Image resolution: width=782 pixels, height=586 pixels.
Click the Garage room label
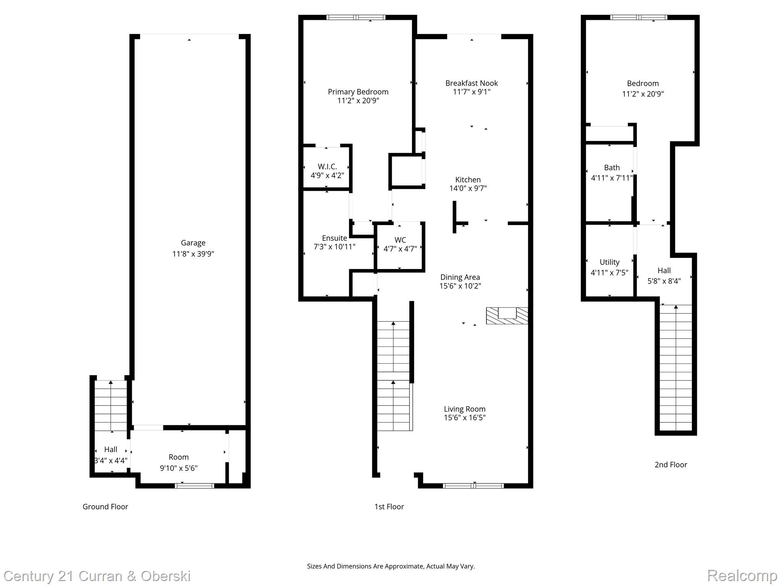pos(193,243)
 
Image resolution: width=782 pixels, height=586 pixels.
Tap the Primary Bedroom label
pos(358,92)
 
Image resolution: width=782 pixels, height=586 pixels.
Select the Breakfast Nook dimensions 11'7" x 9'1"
pos(472,92)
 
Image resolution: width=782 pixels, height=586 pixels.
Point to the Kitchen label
pos(468,180)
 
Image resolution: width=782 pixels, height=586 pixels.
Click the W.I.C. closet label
pos(327,167)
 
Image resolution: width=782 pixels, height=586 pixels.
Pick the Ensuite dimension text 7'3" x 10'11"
pos(334,247)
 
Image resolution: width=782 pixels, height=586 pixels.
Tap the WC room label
pos(400,240)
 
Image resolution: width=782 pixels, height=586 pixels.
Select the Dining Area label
pos(460,277)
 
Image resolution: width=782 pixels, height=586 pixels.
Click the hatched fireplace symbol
pos(507,316)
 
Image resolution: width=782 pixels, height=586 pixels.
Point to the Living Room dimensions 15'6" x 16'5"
pos(464,418)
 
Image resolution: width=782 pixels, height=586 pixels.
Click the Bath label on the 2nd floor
pos(612,167)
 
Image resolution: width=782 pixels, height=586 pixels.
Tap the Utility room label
pos(609,262)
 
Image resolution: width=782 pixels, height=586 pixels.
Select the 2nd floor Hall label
pos(664,270)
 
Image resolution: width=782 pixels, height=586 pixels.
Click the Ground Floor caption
pos(105,507)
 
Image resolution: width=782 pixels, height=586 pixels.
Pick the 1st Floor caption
pos(389,507)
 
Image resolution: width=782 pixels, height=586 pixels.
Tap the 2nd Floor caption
pos(671,465)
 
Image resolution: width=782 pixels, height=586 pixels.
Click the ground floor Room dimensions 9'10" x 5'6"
pos(178,468)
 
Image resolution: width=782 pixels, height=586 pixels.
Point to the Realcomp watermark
pos(742,575)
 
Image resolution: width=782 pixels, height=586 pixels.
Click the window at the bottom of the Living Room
pos(473,486)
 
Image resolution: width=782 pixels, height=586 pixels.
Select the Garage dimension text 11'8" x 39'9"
pos(193,254)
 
